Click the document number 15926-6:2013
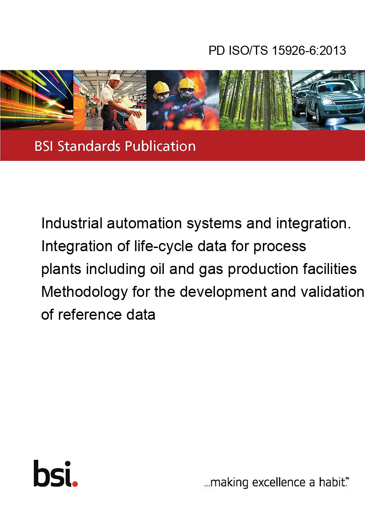(x=309, y=50)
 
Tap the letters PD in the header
(x=217, y=50)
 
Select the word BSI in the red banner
(x=44, y=146)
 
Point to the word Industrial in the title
(x=72, y=223)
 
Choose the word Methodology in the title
(x=84, y=292)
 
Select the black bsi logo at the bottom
(x=52, y=473)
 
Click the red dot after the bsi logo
(x=75, y=484)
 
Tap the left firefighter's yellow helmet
(x=161, y=87)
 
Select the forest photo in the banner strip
(x=255, y=100)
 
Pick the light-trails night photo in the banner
(x=36, y=100)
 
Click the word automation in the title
(x=144, y=223)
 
